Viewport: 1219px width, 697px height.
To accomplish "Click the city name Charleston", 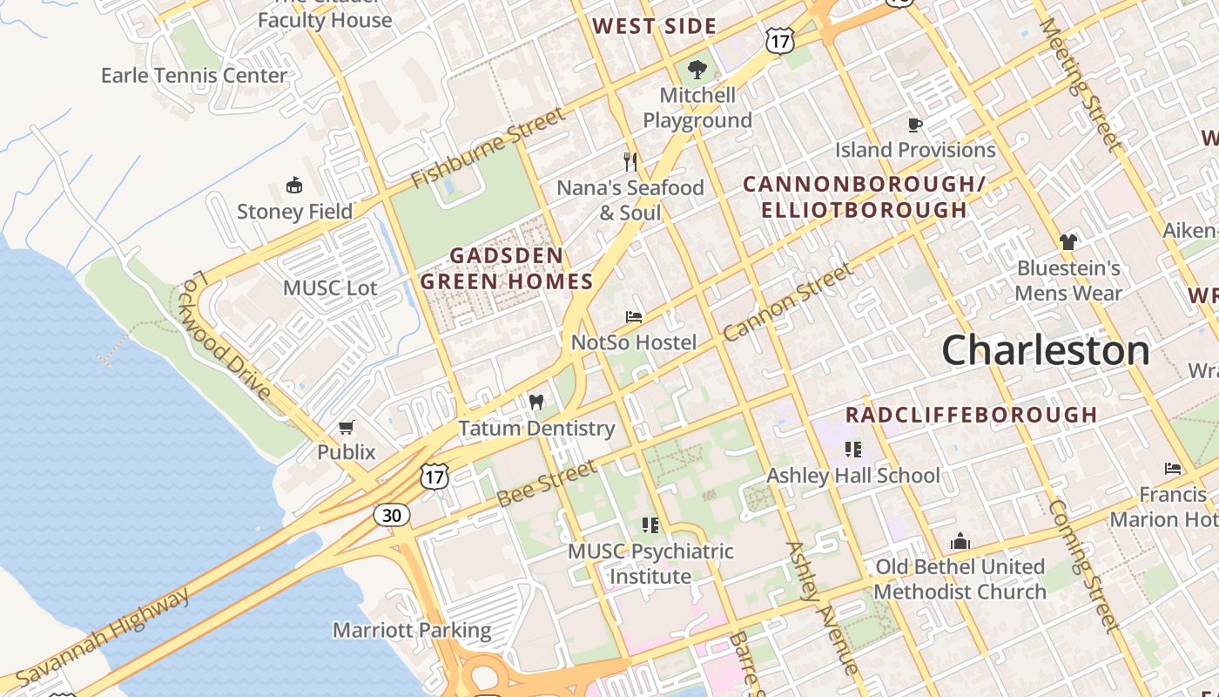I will point(1045,351).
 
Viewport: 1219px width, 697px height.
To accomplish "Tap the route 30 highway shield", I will point(392,515).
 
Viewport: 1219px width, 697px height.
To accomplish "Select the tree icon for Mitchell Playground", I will point(697,69).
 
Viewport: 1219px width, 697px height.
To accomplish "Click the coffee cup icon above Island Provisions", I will point(915,125).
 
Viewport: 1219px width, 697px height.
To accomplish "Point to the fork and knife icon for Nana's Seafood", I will point(631,161).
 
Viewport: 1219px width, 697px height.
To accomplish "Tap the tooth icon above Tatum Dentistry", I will point(536,402).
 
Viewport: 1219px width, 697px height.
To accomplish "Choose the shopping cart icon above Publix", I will point(347,427).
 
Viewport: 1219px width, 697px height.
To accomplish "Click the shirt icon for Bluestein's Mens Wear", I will point(1068,241).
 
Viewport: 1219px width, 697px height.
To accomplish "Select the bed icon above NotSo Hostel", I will point(634,316).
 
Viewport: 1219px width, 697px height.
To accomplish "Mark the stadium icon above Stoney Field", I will point(294,185).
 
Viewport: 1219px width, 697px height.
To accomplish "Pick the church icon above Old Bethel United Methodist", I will point(960,541).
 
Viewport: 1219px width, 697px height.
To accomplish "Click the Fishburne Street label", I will point(488,147).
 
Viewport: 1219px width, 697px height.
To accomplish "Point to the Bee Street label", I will point(546,483).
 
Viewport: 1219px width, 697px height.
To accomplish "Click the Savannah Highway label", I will point(103,637).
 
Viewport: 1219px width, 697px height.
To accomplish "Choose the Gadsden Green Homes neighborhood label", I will point(507,268).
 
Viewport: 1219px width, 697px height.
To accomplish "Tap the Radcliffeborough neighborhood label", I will point(971,415).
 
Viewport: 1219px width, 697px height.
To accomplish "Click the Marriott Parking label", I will point(412,630).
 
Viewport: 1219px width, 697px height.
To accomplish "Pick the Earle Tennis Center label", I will point(194,76).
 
